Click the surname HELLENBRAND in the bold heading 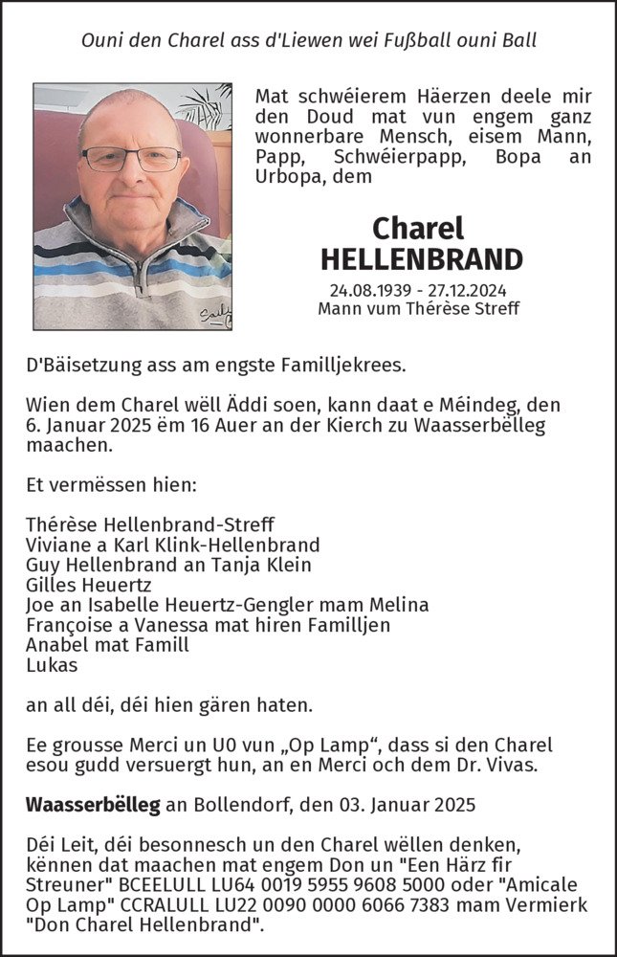click(x=421, y=259)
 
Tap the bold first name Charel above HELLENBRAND click(x=418, y=228)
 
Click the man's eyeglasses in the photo click(x=131, y=158)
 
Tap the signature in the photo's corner click(x=215, y=316)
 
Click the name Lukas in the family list click(x=53, y=665)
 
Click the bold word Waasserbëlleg click(x=93, y=805)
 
